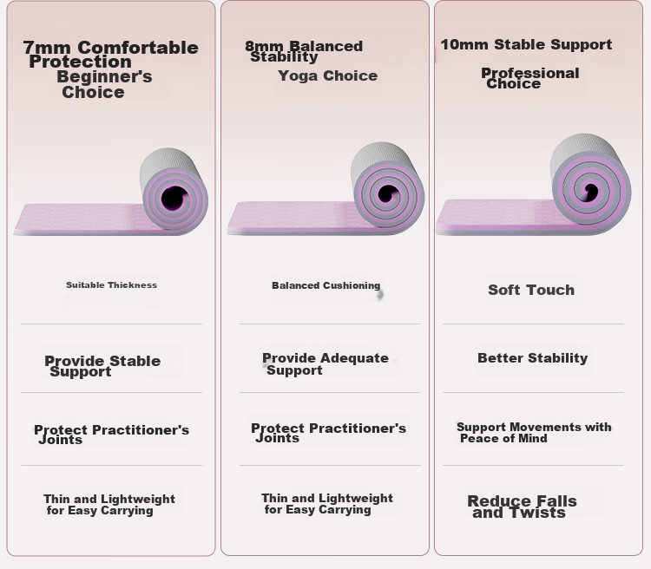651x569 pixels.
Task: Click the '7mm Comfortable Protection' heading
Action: click(x=110, y=54)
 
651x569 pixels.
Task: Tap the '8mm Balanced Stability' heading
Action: click(x=304, y=51)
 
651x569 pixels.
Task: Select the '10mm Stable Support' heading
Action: click(x=526, y=44)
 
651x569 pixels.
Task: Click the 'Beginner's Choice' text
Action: click(x=104, y=84)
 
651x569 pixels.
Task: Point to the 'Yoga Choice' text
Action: click(x=327, y=75)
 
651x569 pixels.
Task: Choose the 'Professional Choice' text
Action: click(x=530, y=78)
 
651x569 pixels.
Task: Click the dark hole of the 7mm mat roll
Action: click(x=174, y=198)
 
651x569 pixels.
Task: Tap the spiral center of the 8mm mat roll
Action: click(x=388, y=193)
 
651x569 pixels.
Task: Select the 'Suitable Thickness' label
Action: click(x=111, y=285)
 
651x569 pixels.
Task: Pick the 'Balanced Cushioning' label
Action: click(x=325, y=285)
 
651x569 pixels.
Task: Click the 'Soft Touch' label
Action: click(x=531, y=290)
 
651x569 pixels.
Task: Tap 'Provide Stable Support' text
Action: click(x=102, y=366)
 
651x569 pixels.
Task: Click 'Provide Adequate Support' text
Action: click(x=325, y=364)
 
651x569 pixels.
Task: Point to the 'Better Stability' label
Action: click(x=532, y=357)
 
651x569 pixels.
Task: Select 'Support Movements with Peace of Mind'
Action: click(x=534, y=433)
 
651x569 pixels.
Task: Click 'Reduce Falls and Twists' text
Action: click(x=522, y=507)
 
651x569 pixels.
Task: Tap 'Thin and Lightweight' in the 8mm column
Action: click(x=326, y=498)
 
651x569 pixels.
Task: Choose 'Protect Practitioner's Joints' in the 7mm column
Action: click(x=111, y=434)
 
